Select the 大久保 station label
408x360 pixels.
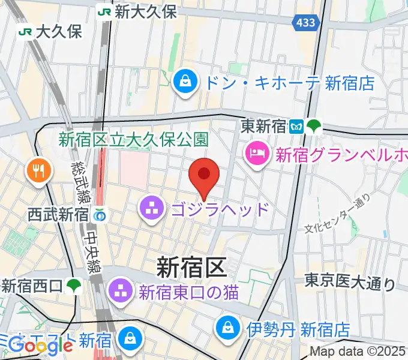tap(58, 31)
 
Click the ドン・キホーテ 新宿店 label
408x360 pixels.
tap(289, 82)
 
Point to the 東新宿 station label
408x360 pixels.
tap(265, 126)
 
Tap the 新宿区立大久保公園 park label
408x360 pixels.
tap(133, 140)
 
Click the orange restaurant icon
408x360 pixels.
tap(37, 172)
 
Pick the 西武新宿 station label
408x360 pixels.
tap(58, 214)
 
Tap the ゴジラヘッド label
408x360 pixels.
tap(220, 209)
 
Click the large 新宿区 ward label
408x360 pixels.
tap(191, 266)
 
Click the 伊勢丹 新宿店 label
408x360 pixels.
tap(298, 329)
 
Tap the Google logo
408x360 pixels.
tap(41, 346)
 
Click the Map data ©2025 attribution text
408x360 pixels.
tap(358, 352)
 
